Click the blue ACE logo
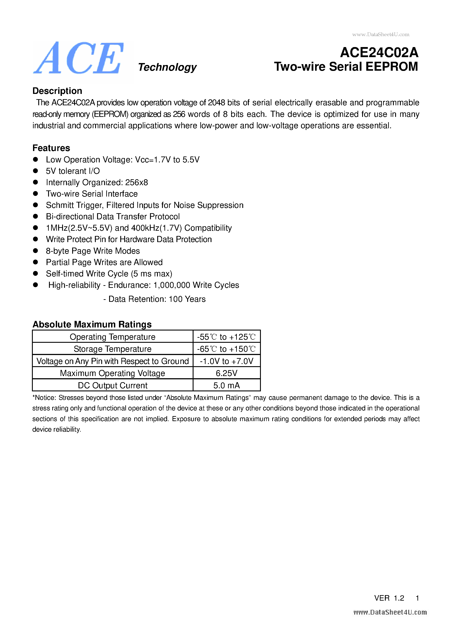click(x=79, y=58)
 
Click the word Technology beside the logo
click(x=167, y=67)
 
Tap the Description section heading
click(x=57, y=91)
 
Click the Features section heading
click(x=51, y=148)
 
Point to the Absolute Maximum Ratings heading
click(x=92, y=324)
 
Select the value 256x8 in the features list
click(x=136, y=182)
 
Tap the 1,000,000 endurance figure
click(x=172, y=285)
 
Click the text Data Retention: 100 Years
click(x=157, y=299)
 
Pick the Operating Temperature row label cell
click(x=113, y=337)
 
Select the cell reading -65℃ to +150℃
click(x=226, y=349)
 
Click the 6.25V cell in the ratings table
click(x=226, y=373)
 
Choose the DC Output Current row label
click(x=113, y=385)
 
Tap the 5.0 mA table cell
click(x=226, y=385)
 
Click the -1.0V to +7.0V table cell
click(x=226, y=361)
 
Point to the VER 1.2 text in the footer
click(x=389, y=598)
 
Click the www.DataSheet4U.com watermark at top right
click(x=381, y=35)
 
